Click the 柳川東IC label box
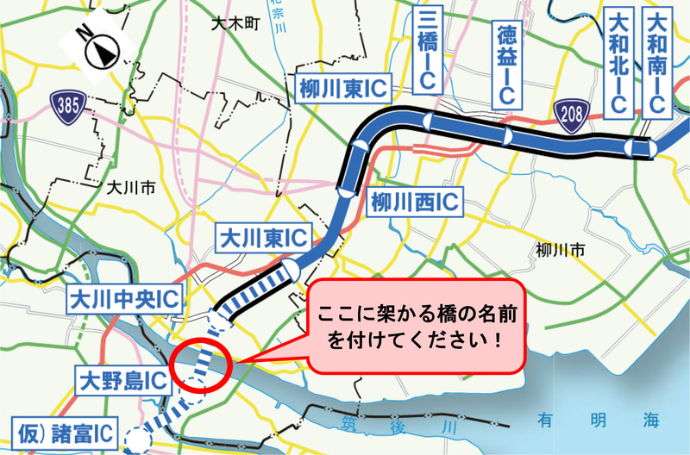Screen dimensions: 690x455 [x=342, y=88]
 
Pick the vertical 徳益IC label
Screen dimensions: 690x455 [x=506, y=66]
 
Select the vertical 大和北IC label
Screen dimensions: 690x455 [x=618, y=62]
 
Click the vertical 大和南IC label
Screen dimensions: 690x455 [x=658, y=62]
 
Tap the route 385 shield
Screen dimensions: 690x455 [x=64, y=106]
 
